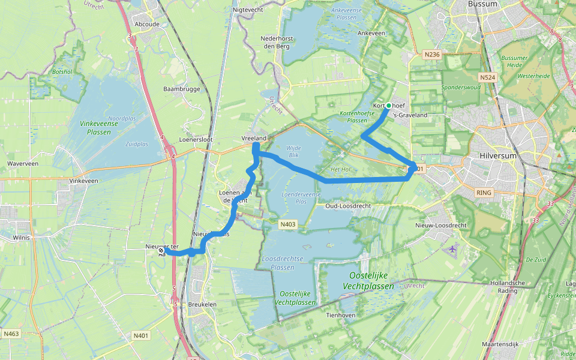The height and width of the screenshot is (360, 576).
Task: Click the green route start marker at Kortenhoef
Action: (x=389, y=106)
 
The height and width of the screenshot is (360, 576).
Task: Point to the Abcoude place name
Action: (x=148, y=25)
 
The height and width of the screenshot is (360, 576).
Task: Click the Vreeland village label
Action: (x=253, y=139)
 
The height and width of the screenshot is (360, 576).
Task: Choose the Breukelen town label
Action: (x=202, y=305)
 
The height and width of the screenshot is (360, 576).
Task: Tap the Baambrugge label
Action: (x=181, y=89)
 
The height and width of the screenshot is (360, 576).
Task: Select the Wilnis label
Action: (x=20, y=237)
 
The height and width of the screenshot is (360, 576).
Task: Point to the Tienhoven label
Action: (x=341, y=315)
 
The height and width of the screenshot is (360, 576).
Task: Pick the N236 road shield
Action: (x=432, y=55)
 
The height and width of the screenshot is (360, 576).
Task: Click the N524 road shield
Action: (x=487, y=77)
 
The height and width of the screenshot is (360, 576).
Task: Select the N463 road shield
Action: (x=11, y=334)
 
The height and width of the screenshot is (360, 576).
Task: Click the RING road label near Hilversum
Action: (x=482, y=193)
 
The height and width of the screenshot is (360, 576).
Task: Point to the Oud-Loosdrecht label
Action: (x=347, y=206)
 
